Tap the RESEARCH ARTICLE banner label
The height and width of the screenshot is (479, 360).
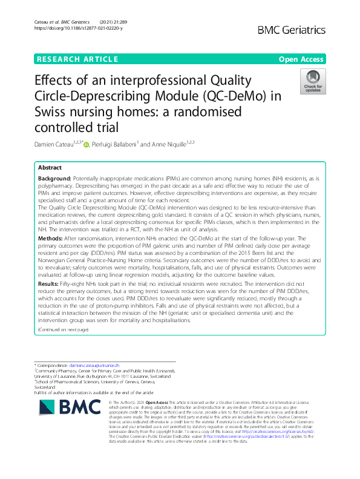click(77, 59)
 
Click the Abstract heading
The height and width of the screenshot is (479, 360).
click(50, 167)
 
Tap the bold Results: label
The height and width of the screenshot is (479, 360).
click(49, 283)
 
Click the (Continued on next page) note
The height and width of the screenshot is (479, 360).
click(63, 329)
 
